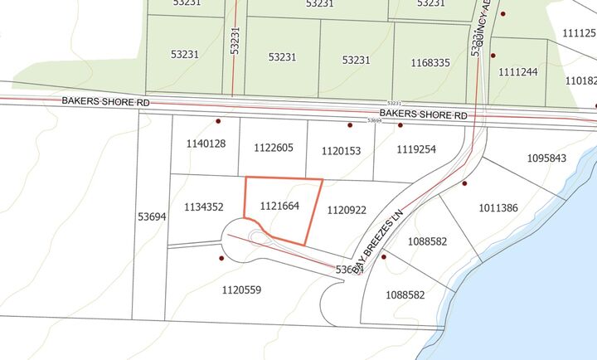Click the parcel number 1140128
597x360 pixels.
coord(206,144)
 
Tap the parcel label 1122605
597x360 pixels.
coord(274,148)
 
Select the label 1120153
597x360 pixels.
coord(341,150)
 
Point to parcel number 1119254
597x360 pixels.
coord(415,150)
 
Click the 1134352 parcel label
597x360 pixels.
coord(204,207)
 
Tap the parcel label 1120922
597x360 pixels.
coord(347,211)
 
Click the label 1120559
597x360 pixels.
coord(242,289)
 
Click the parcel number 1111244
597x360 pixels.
coord(518,72)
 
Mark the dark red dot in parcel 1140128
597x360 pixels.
coord(218,121)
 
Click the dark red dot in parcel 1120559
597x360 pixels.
coord(221,258)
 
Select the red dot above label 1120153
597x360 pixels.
coord(350,125)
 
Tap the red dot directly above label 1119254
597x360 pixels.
coord(400,125)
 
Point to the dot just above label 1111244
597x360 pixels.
coord(493,56)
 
